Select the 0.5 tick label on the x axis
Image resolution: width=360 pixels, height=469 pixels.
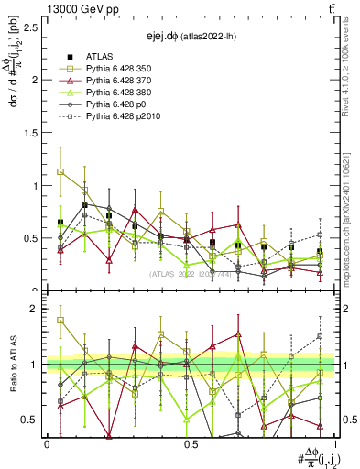point(191,443)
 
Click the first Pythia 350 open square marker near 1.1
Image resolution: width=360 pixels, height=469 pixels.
point(60,171)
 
